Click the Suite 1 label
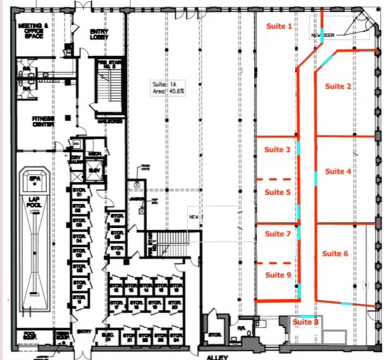click(x=278, y=26)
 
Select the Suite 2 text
click(x=338, y=86)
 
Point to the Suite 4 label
click(x=338, y=171)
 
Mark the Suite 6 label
click(x=335, y=253)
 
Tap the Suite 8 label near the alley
click(x=305, y=322)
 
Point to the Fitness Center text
click(x=43, y=121)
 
